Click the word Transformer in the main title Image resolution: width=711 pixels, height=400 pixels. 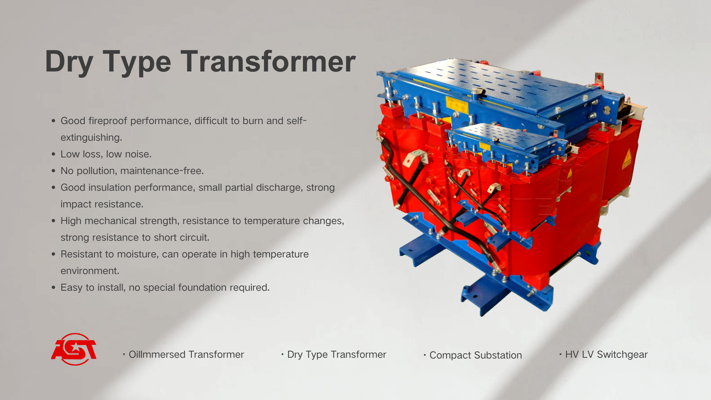tap(268, 61)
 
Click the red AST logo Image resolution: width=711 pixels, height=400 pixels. tap(74, 349)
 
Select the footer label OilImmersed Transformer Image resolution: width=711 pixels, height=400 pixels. tap(186, 354)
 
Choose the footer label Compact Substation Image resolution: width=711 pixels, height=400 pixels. tap(475, 356)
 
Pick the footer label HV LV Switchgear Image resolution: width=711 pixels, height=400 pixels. tap(606, 354)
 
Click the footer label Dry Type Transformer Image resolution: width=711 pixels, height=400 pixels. tap(337, 355)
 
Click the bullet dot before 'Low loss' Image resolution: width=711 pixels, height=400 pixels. tap(54, 154)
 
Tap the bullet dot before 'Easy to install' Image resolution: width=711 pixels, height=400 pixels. tap(54, 287)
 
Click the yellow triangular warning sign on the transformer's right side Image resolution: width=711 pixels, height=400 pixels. tap(627, 159)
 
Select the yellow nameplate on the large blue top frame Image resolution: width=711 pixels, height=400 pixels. tap(457, 106)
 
